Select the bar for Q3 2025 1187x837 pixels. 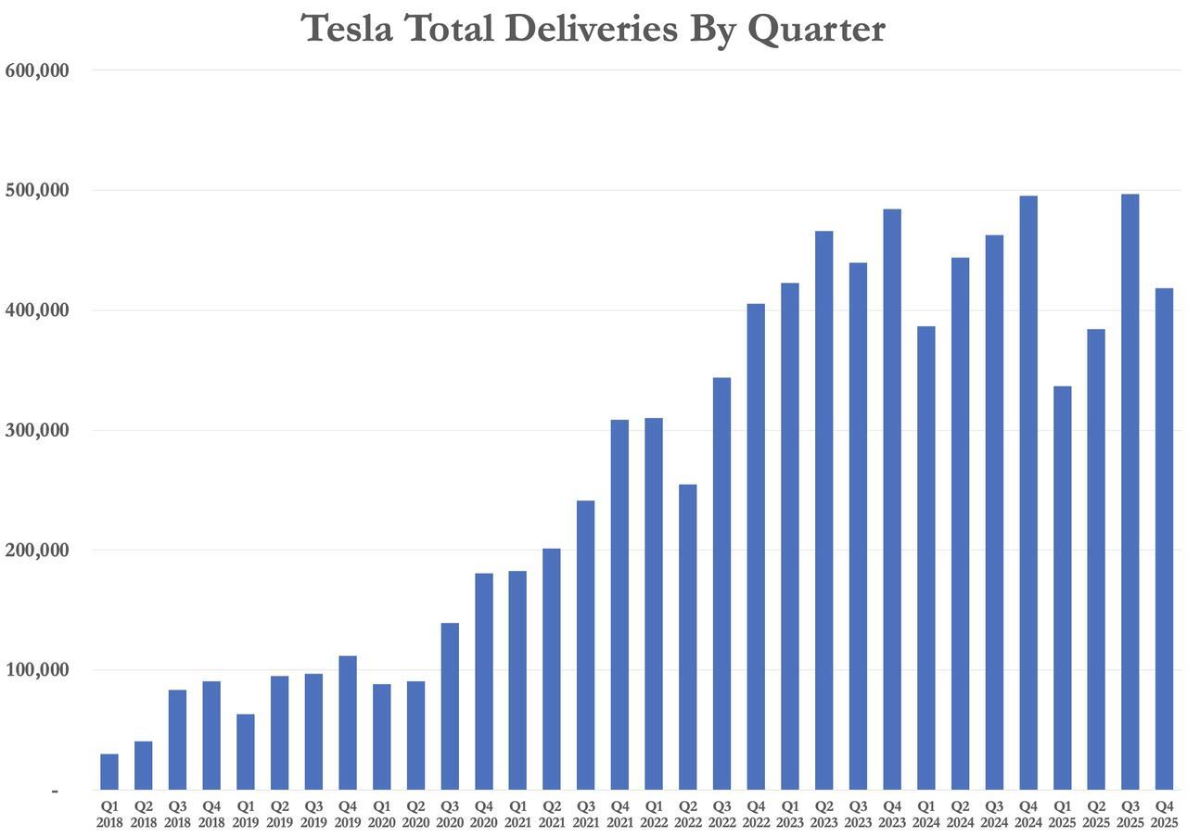1130,491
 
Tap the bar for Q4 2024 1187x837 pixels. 1027,492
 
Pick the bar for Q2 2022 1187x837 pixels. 687,637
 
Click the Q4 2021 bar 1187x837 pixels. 619,604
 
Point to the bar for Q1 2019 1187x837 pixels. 245,752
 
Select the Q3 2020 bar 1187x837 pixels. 450,706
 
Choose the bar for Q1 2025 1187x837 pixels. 1062,588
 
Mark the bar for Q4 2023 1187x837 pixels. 891,499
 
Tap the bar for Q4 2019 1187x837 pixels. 348,723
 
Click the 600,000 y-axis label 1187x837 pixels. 37,70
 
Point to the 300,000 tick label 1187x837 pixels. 37,430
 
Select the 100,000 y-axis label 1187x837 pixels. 37,670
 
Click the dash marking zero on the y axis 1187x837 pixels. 55,791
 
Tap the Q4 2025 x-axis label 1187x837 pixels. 1164,814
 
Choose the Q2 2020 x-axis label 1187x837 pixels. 415,814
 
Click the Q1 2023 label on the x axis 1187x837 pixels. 790,814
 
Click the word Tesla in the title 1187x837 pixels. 347,29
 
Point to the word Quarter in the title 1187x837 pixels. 816,29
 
